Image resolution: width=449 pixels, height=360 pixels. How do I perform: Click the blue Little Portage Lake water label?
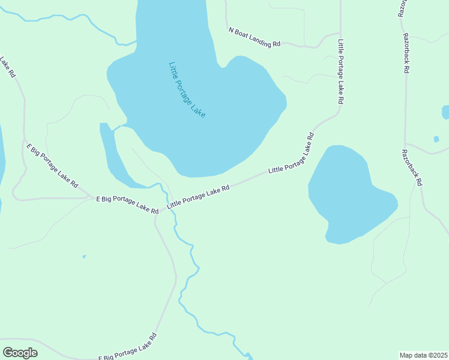[187, 89]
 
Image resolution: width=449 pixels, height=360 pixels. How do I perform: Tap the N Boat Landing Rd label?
[255, 37]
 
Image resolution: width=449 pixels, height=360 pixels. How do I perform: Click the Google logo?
[20, 353]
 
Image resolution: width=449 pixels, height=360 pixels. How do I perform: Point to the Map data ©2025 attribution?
[423, 355]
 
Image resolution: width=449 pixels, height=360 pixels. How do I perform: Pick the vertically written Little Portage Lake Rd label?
[340, 72]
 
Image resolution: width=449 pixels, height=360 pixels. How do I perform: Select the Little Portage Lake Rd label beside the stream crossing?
[198, 196]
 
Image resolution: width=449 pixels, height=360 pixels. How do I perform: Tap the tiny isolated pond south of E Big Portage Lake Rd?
[84, 257]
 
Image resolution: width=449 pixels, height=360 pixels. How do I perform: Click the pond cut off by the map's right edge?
[445, 112]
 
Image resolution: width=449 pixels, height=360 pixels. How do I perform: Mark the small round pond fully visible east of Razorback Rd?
[436, 139]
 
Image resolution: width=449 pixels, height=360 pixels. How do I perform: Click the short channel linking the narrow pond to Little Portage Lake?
[118, 127]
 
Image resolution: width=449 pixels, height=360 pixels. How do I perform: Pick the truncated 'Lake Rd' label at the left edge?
[8, 67]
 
